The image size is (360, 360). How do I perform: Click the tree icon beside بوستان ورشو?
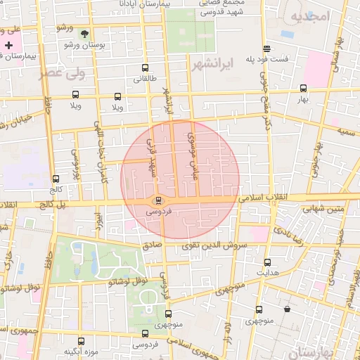[85, 34]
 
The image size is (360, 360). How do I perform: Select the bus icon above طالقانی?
[145, 68]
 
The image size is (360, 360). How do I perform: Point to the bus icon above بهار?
[303, 89]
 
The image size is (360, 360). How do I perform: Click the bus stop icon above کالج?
[56, 179]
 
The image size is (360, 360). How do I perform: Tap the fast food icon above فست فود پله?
[266, 49]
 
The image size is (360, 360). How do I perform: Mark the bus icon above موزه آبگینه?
[81, 341]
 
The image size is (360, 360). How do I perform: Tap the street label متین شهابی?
[323, 209]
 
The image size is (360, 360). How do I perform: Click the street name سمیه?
[345, 131]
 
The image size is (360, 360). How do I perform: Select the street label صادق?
[153, 245]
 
